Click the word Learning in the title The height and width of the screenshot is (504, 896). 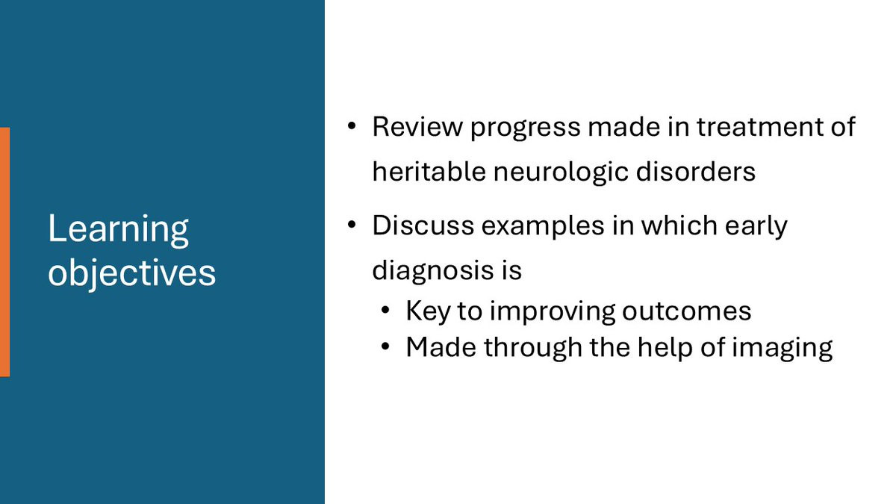tap(119, 229)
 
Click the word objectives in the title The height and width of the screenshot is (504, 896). tap(132, 273)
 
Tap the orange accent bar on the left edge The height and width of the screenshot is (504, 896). tap(4, 252)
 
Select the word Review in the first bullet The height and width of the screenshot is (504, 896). tap(417, 127)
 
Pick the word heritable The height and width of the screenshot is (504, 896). tap(429, 172)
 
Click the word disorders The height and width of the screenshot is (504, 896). tap(696, 172)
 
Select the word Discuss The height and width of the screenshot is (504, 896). tap(423, 225)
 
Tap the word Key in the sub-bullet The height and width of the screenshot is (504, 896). tap(428, 312)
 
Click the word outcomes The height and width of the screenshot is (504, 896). tap(686, 311)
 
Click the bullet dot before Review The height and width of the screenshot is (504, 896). tap(352, 126)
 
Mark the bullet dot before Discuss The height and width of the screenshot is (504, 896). tap(352, 225)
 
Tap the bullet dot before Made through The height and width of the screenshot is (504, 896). tap(385, 346)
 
